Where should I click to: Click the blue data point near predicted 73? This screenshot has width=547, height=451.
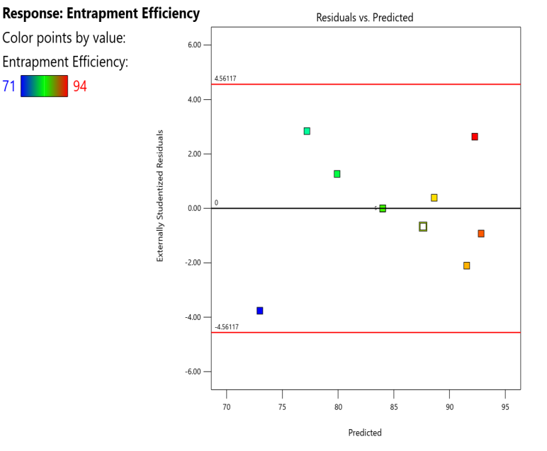click(x=260, y=311)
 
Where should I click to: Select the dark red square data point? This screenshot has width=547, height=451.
click(x=475, y=137)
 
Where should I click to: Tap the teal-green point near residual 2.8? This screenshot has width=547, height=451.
click(x=307, y=131)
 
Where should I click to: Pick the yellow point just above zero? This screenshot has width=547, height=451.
click(x=434, y=198)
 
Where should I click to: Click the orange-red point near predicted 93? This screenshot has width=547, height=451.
click(x=481, y=234)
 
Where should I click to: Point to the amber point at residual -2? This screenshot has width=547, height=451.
click(x=467, y=266)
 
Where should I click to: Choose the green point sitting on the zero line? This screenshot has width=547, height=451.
click(x=383, y=208)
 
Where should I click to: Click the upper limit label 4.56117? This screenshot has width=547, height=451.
click(x=225, y=79)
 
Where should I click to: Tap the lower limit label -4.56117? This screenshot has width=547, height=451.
click(x=227, y=327)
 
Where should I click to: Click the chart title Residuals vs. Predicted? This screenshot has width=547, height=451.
click(x=365, y=17)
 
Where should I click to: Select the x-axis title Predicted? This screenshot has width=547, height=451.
click(x=365, y=433)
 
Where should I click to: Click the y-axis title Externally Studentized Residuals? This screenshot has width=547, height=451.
click(x=160, y=196)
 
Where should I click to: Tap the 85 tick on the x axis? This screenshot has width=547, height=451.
click(x=394, y=407)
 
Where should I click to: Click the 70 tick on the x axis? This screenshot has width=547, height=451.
click(x=227, y=407)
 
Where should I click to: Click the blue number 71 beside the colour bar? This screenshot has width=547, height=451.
click(x=9, y=86)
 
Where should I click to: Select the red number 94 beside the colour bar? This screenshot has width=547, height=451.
click(x=80, y=86)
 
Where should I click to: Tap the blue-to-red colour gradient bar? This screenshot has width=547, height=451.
click(x=44, y=86)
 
